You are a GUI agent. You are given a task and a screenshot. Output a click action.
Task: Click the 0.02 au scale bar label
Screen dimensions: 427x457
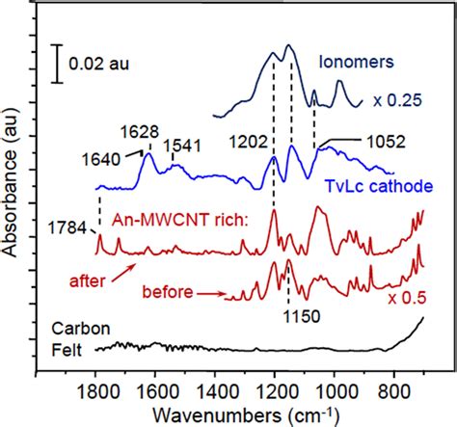click(x=101, y=67)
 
